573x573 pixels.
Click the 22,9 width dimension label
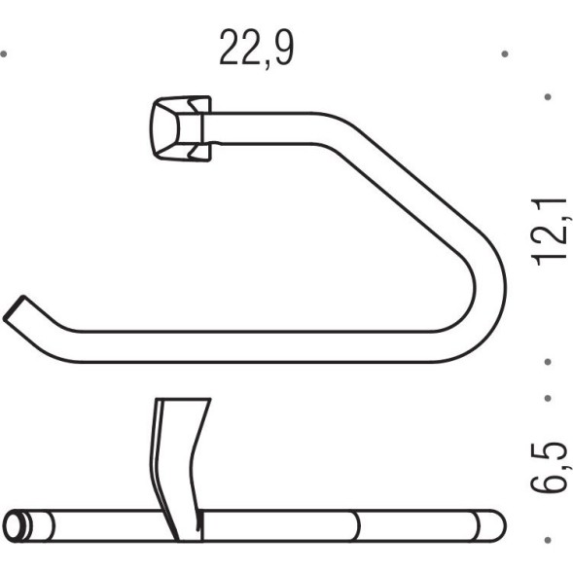click(257, 49)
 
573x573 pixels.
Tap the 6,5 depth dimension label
click(550, 467)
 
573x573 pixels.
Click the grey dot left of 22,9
click(4, 54)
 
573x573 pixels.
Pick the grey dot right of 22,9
click(505, 54)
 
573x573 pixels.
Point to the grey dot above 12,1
click(548, 97)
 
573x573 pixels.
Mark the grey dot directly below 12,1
click(548, 362)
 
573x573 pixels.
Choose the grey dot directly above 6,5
click(548, 398)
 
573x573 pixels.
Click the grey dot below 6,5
click(548, 540)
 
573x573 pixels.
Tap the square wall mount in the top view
click(181, 128)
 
